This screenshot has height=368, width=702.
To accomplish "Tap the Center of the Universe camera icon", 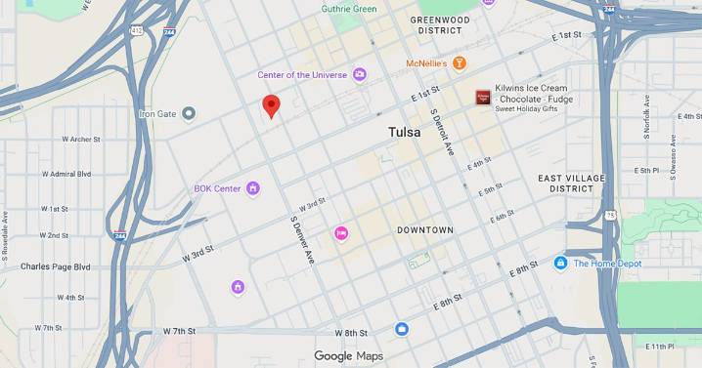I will tap(360, 74).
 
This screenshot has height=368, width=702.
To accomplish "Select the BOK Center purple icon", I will tap(253, 188).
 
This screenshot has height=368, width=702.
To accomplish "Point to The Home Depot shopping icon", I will tap(561, 263).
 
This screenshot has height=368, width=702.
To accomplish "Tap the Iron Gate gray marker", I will tap(190, 113).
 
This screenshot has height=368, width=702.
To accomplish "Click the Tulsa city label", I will tap(404, 132).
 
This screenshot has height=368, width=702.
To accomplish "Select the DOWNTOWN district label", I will tap(425, 229).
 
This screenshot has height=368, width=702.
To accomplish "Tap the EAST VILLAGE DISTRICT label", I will tap(571, 183).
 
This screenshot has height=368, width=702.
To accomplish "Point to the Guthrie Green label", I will tap(349, 9).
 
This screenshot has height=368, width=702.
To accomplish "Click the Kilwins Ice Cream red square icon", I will tap(483, 98).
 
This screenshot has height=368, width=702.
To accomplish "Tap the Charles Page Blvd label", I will tap(55, 266).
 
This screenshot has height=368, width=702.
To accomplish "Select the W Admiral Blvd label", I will tap(67, 174).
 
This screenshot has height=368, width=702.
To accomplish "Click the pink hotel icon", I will tap(341, 232).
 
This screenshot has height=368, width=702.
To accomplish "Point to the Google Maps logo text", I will tap(348, 356).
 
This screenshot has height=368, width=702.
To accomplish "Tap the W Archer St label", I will tap(73, 140).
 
